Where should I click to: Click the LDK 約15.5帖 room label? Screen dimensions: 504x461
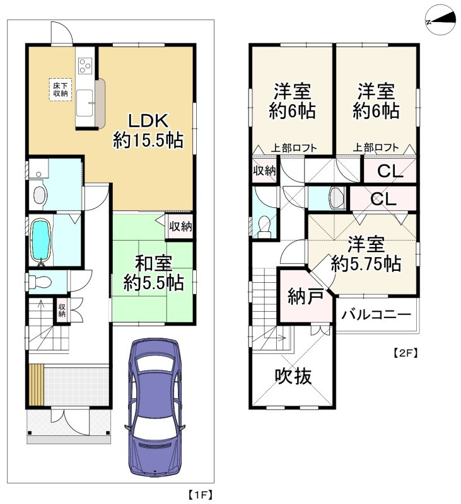click(148, 130)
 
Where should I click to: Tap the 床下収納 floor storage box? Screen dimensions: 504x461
click(60, 89)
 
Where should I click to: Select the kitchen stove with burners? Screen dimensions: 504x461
click(85, 66)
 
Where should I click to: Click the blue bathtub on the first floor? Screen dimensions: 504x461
click(41, 240)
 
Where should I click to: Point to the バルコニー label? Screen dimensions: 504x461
click(376, 314)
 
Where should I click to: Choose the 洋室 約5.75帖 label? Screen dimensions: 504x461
click(366, 255)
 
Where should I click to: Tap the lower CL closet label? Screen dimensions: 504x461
click(382, 199)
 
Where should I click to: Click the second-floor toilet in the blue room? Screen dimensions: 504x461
click(263, 226)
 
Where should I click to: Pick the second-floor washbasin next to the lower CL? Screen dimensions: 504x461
click(336, 198)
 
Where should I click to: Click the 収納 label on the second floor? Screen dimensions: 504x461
click(264, 171)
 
